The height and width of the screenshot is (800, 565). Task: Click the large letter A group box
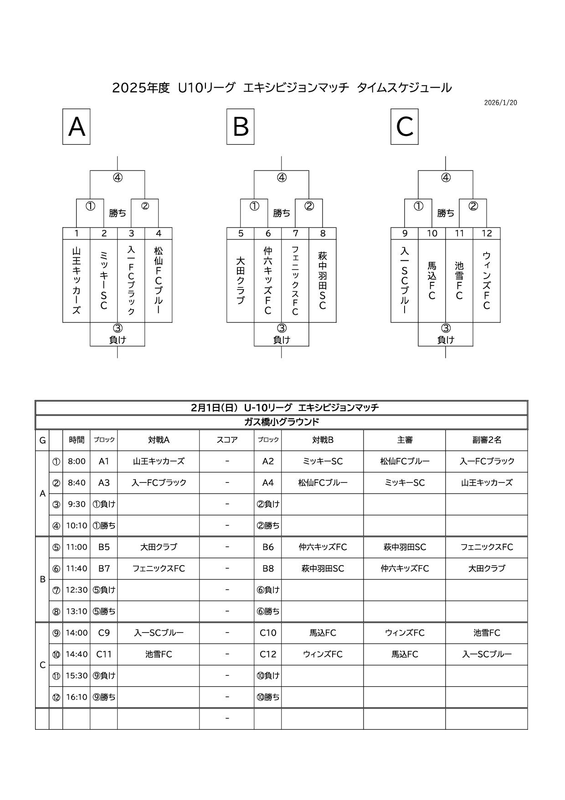[76, 126]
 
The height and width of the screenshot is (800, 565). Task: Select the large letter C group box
[404, 126]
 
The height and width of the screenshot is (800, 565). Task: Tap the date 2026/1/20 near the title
[500, 103]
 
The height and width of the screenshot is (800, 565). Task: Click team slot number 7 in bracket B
[295, 234]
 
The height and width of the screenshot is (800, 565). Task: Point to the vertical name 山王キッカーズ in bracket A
[77, 281]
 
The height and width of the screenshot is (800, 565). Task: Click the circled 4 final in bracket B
[282, 178]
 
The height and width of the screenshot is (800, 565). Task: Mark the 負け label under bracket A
[118, 340]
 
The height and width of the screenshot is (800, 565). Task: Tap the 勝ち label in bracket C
[446, 213]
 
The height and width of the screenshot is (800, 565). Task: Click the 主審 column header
[405, 440]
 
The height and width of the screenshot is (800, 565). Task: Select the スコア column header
[227, 440]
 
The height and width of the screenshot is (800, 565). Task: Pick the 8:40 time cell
[77, 483]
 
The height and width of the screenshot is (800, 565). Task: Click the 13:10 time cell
[77, 611]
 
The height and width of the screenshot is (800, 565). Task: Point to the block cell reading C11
[104, 654]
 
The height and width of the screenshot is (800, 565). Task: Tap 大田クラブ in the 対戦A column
[159, 547]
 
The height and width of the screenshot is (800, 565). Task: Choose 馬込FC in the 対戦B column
[323, 633]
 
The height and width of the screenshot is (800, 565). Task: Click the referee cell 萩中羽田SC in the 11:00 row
[405, 547]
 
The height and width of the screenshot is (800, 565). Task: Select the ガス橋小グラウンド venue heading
[282, 422]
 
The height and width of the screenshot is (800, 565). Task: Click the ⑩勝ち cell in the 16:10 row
[268, 697]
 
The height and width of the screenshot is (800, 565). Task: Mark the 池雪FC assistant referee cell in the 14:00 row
[487, 633]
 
